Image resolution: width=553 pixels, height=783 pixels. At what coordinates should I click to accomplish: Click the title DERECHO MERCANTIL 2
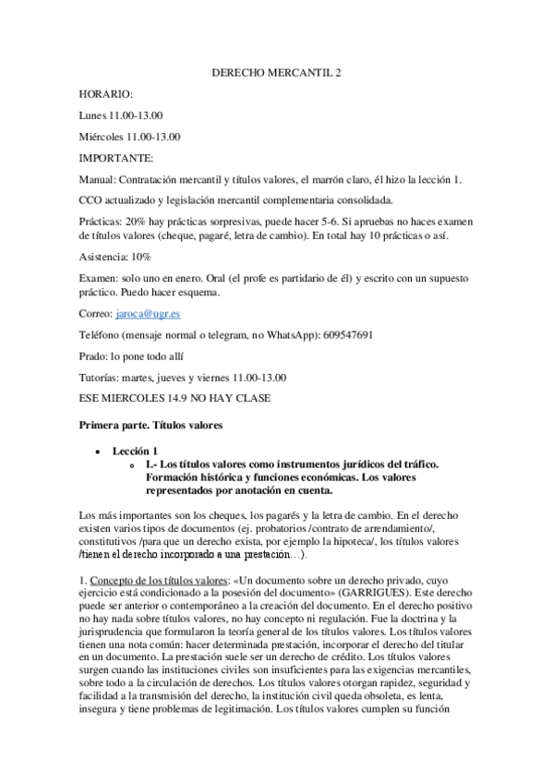(x=276, y=71)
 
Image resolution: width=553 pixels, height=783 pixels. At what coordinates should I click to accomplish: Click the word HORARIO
(x=106, y=94)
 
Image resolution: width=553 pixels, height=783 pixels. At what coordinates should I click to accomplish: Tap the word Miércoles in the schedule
(x=102, y=137)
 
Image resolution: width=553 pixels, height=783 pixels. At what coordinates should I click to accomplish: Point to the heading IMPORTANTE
(x=116, y=158)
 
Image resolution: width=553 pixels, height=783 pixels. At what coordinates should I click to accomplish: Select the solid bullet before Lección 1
(x=97, y=450)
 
